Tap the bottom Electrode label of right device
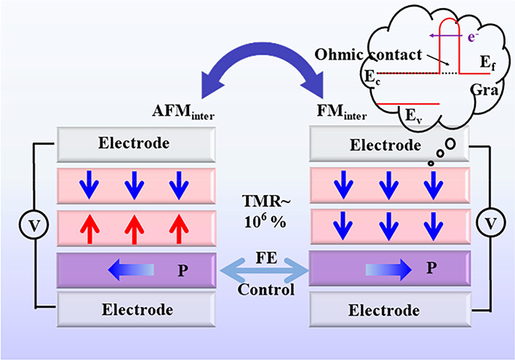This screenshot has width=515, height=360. (x=385, y=311)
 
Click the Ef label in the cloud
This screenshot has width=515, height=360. (x=482, y=63)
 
